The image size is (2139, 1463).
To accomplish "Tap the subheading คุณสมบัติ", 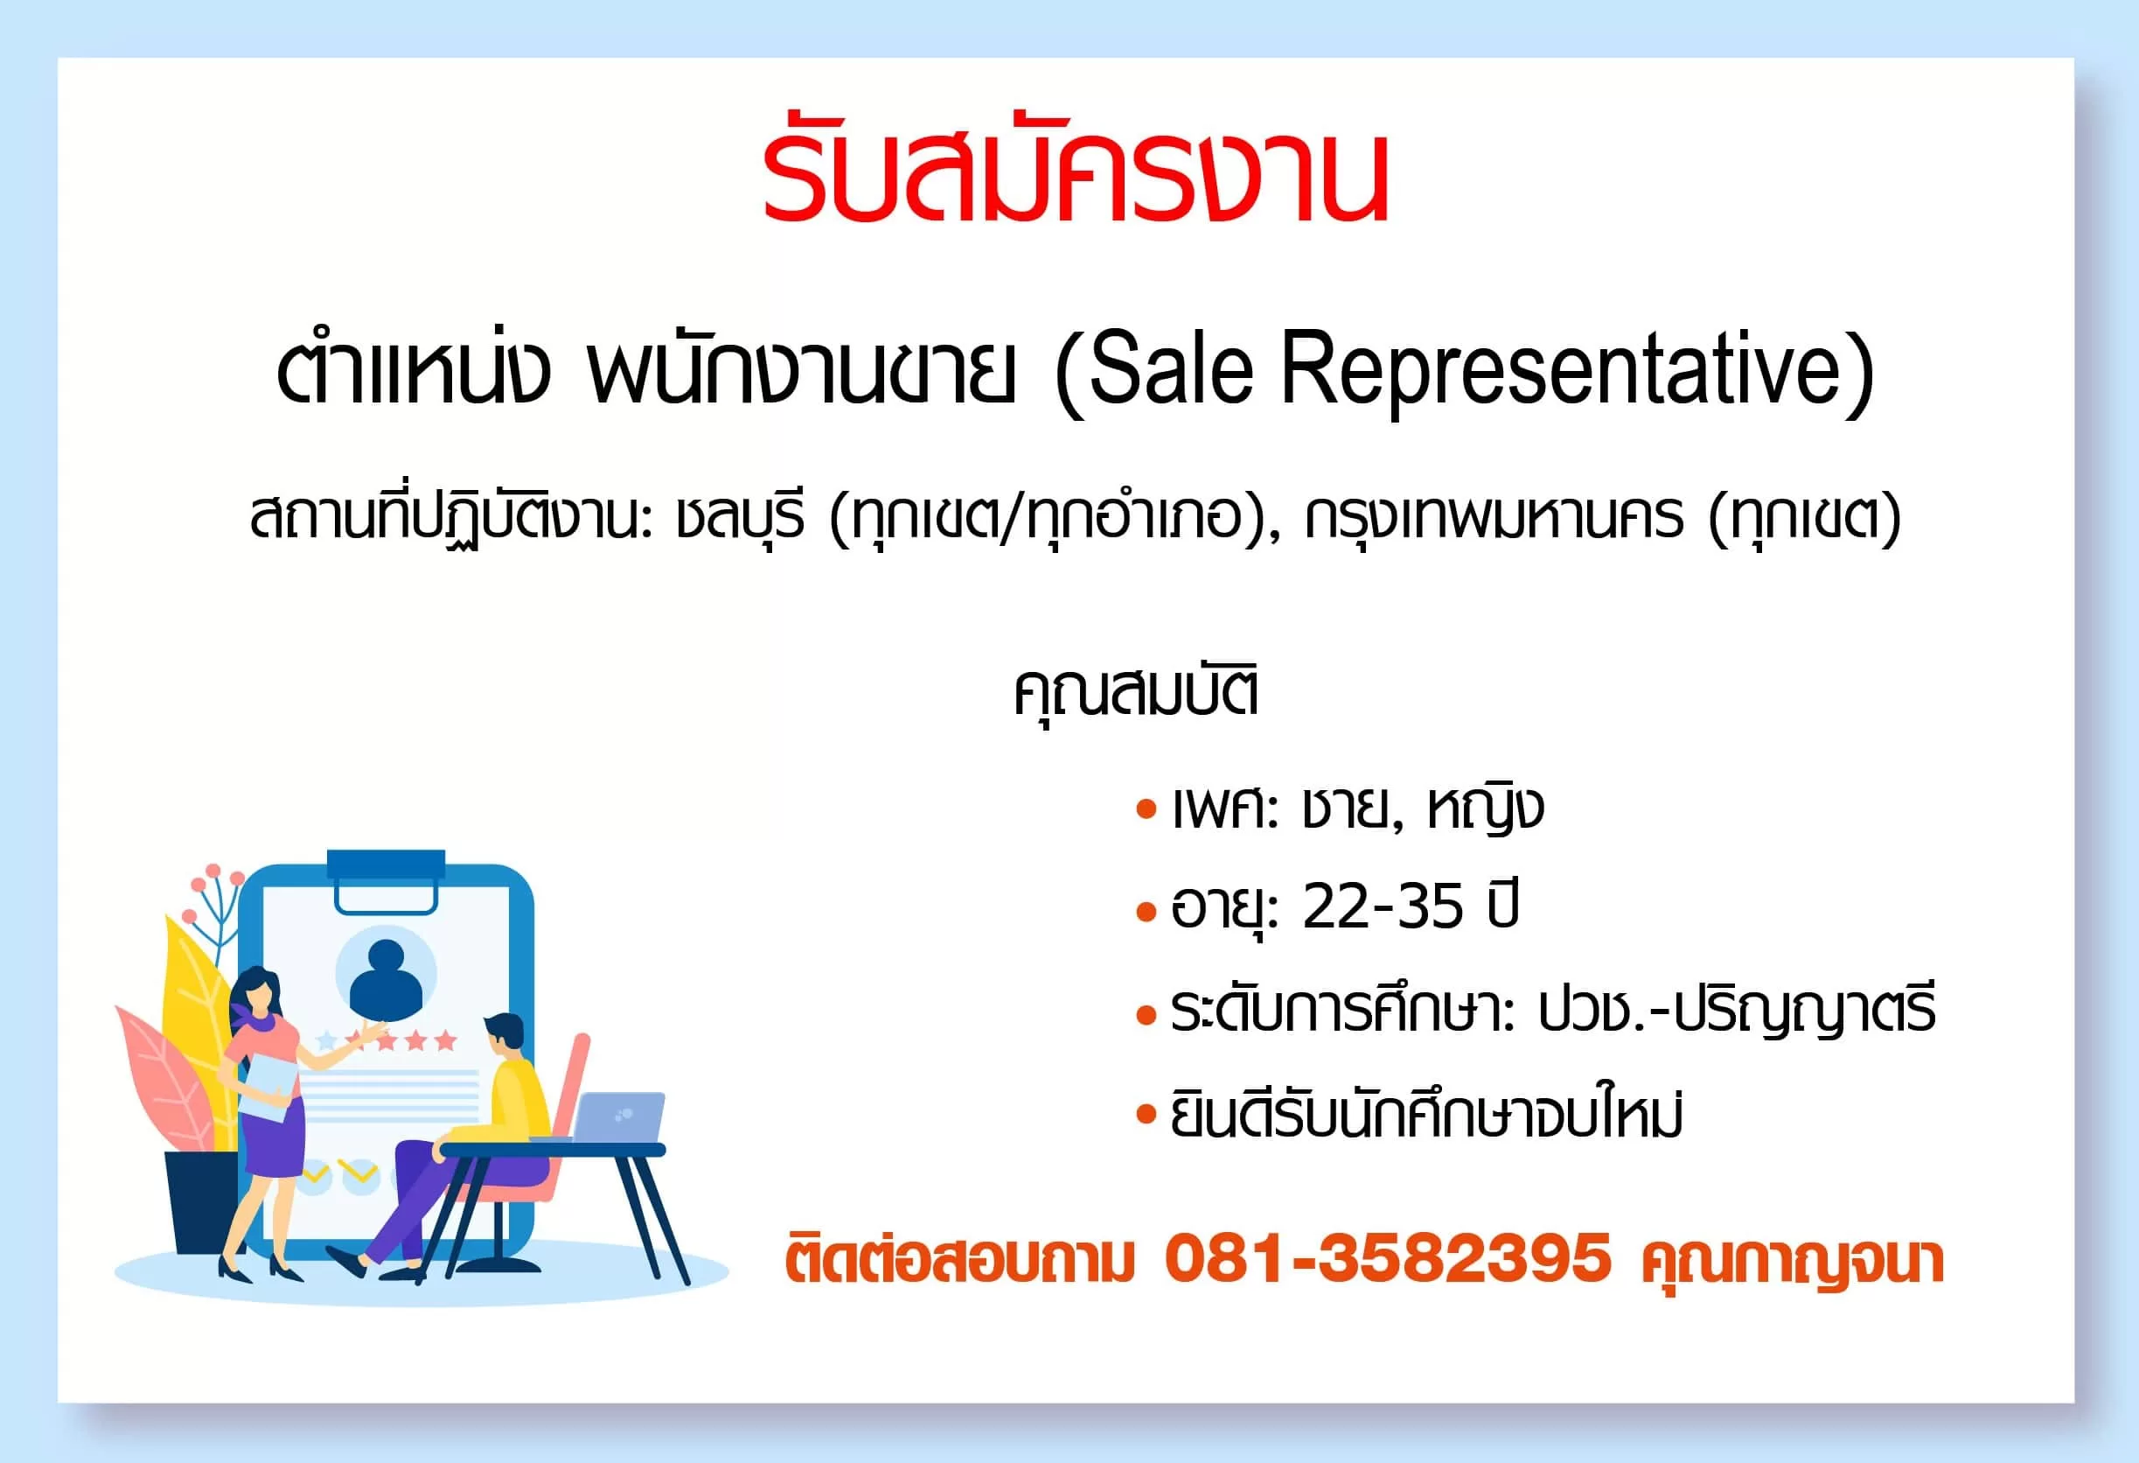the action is pyautogui.click(x=1136, y=691).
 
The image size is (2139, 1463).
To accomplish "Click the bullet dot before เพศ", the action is pyautogui.click(x=1146, y=811).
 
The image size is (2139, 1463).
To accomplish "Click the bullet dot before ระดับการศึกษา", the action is pyautogui.click(x=1146, y=1017).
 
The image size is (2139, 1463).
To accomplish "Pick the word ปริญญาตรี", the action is pyautogui.click(x=1805, y=1009).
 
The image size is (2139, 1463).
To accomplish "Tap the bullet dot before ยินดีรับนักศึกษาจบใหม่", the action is pyautogui.click(x=1146, y=1115).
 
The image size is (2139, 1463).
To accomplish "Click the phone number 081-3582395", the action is pyautogui.click(x=1388, y=1258).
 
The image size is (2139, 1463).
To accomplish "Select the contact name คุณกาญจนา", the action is pyautogui.click(x=1792, y=1262).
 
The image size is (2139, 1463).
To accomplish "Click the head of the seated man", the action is pyautogui.click(x=503, y=1037).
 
